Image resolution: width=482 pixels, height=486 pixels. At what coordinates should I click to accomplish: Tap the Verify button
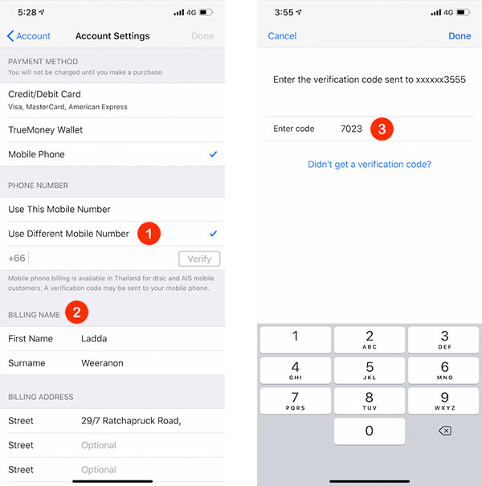[199, 259]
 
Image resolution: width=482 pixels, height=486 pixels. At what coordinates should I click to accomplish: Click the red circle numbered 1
[149, 234]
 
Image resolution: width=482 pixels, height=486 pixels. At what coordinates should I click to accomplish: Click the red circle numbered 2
[76, 312]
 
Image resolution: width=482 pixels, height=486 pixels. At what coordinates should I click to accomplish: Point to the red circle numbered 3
[382, 129]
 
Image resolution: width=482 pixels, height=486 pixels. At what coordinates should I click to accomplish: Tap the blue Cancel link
[282, 36]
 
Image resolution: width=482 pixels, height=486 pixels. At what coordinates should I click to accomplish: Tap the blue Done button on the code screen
[460, 36]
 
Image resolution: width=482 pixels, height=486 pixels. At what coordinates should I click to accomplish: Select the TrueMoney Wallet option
[45, 130]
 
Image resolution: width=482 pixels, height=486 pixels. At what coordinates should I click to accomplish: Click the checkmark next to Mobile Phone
[213, 154]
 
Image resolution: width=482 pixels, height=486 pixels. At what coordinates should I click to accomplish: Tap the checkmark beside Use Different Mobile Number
[213, 234]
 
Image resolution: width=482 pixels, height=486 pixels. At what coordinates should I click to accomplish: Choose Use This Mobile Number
[59, 209]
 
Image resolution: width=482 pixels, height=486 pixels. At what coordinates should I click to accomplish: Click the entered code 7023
[351, 129]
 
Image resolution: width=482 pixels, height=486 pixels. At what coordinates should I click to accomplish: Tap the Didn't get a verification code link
[370, 164]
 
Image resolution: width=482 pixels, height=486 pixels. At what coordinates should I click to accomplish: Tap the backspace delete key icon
[445, 431]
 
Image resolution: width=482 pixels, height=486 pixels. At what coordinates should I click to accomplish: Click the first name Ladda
[94, 338]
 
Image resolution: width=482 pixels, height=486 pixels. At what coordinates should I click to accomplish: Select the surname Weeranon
[102, 363]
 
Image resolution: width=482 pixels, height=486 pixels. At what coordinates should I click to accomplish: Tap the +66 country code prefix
[17, 258]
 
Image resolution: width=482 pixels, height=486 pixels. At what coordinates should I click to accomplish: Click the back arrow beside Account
[10, 36]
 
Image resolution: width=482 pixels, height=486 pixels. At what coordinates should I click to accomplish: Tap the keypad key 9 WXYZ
[443, 401]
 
